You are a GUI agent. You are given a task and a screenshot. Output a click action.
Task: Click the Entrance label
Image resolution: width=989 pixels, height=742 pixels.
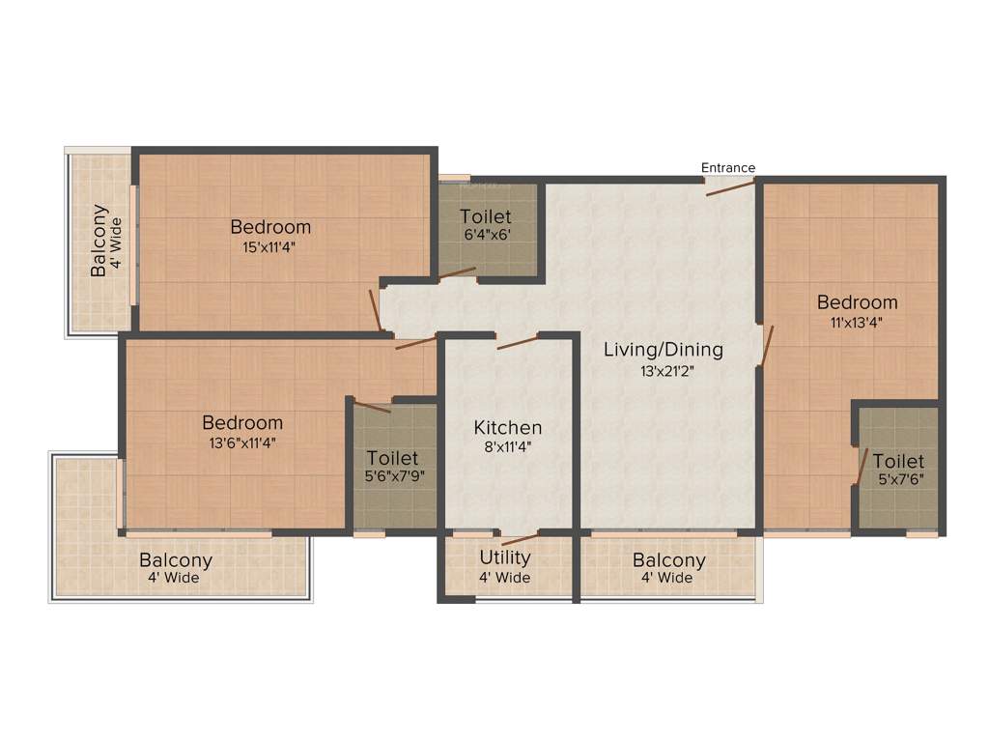pos(728,168)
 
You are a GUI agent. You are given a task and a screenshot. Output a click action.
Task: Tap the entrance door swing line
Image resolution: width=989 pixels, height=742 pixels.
pos(730,186)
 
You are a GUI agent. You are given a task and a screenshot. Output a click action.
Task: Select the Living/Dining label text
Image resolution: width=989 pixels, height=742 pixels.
pos(663,350)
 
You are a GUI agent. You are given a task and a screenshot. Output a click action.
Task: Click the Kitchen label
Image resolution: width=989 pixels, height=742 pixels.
pos(507,427)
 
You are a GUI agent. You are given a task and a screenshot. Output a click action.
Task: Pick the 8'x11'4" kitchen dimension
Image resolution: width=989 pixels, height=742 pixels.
pos(507,447)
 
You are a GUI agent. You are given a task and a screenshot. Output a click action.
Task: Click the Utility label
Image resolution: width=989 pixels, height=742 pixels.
pos(505,557)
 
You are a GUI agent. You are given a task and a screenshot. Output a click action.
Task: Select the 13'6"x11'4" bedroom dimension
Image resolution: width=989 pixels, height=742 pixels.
pos(242,443)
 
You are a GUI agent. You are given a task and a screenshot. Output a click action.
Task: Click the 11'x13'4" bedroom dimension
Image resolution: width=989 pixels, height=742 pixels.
pos(857,323)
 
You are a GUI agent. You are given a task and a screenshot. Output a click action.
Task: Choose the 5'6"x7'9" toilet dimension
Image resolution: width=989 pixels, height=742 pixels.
pos(392,476)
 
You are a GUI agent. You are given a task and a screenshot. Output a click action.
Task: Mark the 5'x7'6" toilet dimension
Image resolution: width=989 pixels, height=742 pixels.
pos(898,480)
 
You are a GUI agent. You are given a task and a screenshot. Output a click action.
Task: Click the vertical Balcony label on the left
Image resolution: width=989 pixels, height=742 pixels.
pos(99,240)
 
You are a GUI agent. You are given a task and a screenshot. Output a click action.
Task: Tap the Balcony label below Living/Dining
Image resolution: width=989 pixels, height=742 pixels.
pos(668,560)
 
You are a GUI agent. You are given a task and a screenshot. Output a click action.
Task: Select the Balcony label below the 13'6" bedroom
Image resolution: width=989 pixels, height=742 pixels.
pos(176,560)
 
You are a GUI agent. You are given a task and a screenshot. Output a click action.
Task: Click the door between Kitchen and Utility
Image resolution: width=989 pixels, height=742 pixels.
pos(521,539)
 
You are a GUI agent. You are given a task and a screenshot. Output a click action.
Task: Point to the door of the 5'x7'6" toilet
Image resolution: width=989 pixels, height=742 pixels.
pos(860,466)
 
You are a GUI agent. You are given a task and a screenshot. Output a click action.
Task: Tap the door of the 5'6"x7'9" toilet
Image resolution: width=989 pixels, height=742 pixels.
pos(373,406)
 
